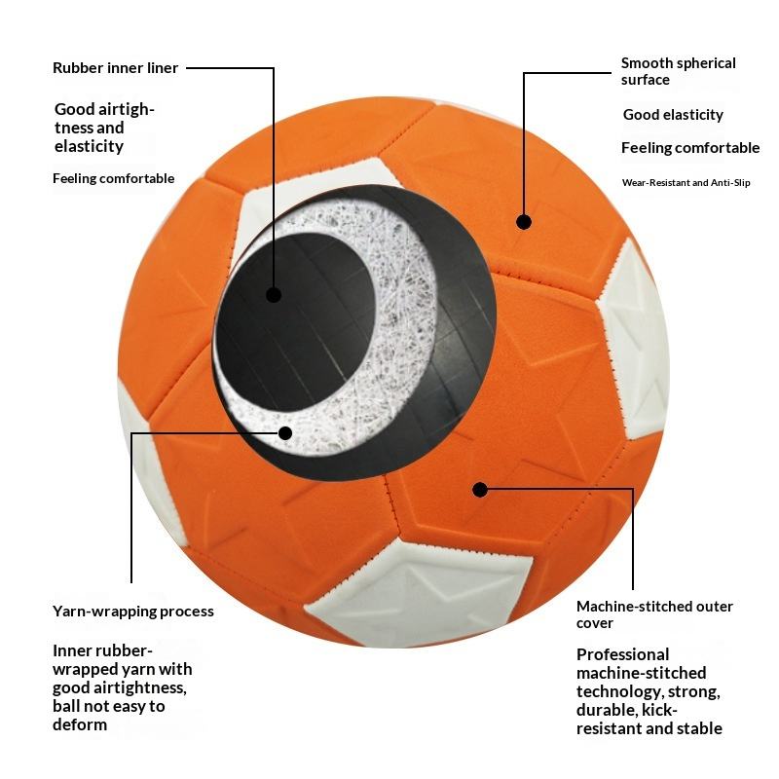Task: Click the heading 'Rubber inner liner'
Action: (x=116, y=68)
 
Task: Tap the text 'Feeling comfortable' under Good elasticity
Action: (x=689, y=148)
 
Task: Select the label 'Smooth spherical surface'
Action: (x=678, y=71)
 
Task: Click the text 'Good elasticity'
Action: (x=673, y=115)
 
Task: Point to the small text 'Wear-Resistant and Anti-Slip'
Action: (x=686, y=183)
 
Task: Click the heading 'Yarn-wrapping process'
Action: (x=132, y=612)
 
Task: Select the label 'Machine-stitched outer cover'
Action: (x=654, y=613)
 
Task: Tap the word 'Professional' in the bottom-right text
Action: (x=622, y=654)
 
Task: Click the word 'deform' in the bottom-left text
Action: (x=80, y=724)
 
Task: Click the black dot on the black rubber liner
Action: (x=274, y=294)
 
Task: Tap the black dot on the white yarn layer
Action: (x=285, y=433)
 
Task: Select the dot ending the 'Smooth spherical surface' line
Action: (x=524, y=222)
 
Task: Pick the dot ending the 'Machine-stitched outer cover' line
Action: (x=479, y=489)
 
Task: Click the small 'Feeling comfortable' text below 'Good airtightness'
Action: (x=113, y=178)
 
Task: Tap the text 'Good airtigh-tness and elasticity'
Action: (x=103, y=128)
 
